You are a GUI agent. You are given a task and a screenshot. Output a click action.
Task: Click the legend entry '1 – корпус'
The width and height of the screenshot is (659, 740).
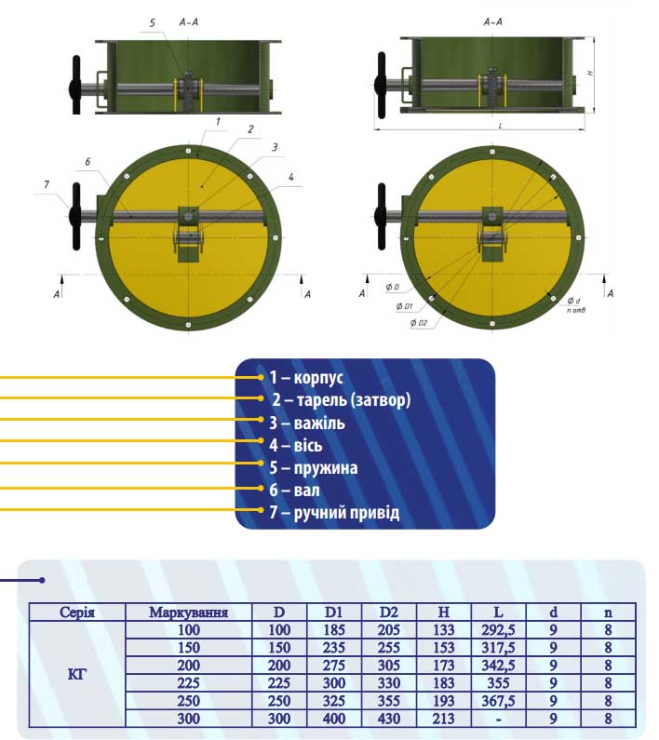306,378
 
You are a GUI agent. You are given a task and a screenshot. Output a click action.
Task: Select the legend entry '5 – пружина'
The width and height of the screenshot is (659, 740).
313,468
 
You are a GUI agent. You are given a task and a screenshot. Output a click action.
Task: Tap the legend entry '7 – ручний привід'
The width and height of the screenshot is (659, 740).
334,513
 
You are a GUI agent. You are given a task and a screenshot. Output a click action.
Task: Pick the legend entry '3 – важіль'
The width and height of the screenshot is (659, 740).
307,424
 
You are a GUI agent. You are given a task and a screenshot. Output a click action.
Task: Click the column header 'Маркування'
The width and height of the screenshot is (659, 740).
201,612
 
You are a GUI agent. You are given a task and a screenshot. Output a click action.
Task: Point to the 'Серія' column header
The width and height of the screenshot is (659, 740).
77,612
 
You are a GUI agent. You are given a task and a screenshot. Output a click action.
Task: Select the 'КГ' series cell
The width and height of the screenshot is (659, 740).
77,674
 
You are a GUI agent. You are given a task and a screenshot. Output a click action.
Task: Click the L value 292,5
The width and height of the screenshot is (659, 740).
498,630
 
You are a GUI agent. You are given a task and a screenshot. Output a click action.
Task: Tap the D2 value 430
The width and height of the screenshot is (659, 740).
388,719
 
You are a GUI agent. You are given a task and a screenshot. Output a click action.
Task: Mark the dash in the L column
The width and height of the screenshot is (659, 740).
498,719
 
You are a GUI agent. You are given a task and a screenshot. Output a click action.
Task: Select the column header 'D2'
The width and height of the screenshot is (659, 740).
388,612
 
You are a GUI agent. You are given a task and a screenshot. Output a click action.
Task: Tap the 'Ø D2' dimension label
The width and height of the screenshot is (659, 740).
417,323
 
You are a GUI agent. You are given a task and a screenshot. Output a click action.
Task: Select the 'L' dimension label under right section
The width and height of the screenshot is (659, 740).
500,124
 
